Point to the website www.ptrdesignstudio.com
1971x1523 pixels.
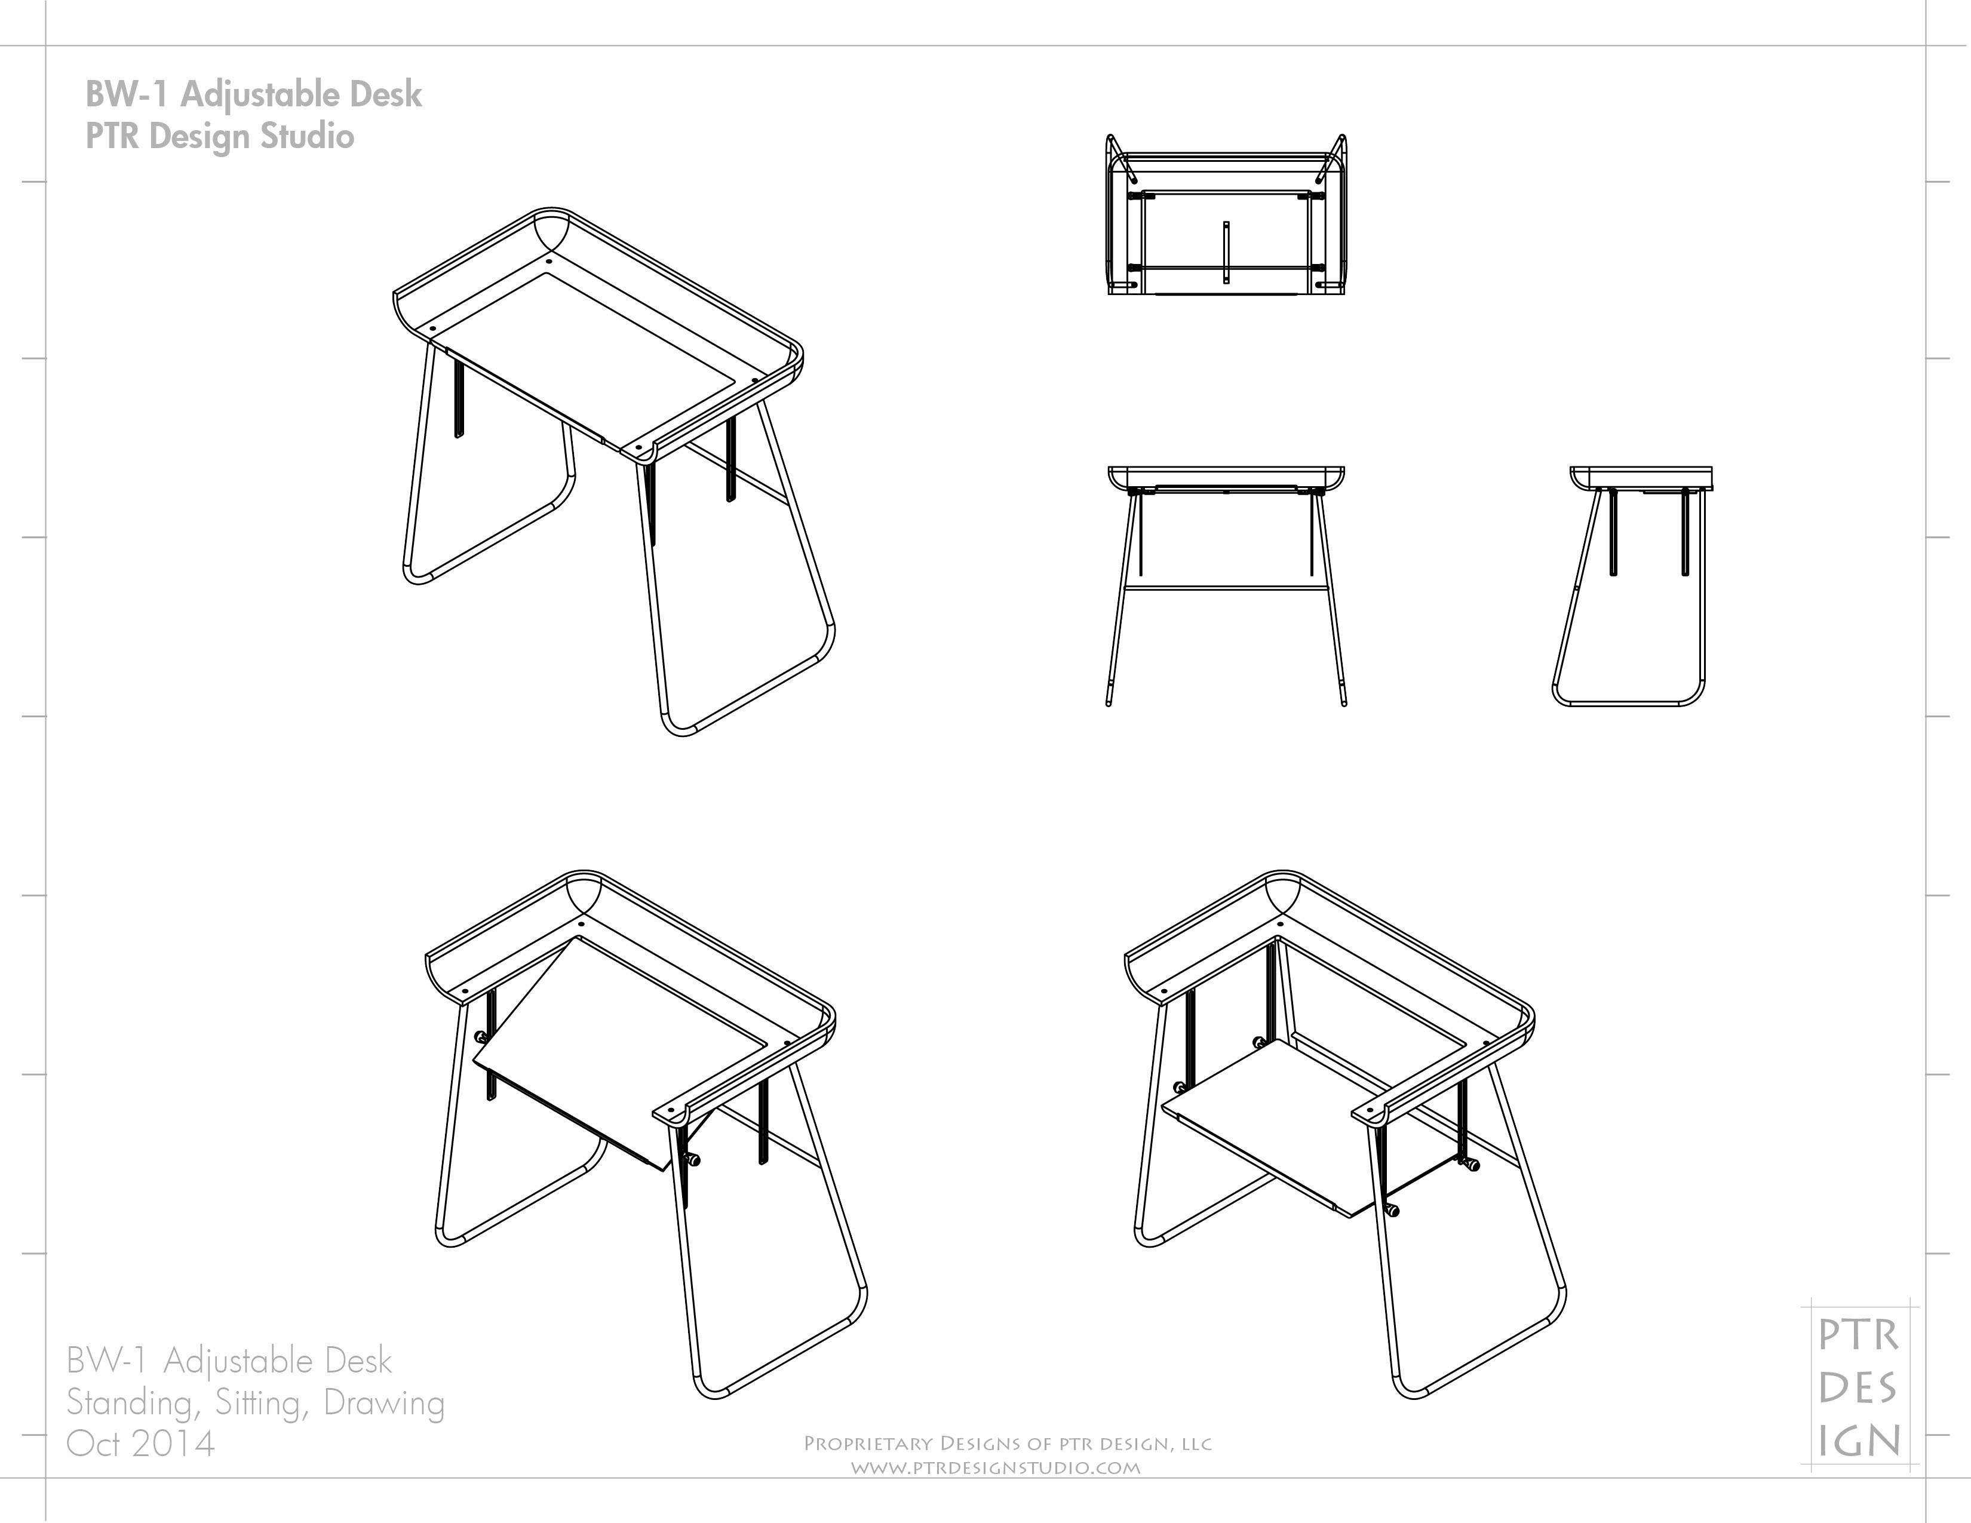(996, 1468)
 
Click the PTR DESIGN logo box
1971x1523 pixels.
(1859, 1389)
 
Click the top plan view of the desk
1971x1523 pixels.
(1226, 217)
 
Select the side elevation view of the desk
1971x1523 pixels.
(1634, 587)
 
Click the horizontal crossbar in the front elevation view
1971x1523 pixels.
(1226, 589)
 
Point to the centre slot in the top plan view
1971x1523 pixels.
(1226, 253)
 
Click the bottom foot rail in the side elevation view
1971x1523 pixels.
(1625, 704)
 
